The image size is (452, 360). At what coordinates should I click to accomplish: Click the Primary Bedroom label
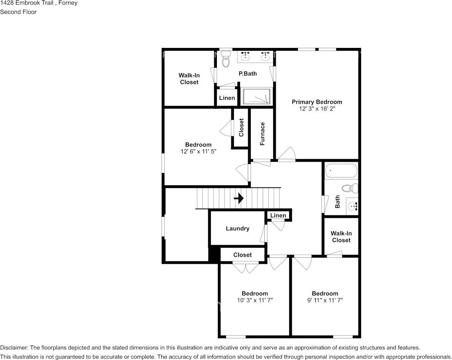317,102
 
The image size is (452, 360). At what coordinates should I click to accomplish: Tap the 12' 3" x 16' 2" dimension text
317,109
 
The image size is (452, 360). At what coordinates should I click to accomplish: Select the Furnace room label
262,134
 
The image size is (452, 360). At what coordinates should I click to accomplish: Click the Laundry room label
237,228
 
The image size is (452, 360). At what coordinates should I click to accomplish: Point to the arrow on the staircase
239,198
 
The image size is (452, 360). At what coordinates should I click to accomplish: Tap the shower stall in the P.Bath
257,96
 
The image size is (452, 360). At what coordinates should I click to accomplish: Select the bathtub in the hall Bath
341,171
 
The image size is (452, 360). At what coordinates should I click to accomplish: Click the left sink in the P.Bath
245,56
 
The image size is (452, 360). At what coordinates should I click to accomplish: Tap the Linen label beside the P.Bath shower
227,98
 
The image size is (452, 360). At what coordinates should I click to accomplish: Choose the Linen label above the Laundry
278,215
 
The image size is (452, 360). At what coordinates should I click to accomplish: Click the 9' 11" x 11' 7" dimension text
325,300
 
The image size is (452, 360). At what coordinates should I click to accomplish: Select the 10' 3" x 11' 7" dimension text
255,300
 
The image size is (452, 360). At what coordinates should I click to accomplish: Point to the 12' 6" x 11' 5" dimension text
198,151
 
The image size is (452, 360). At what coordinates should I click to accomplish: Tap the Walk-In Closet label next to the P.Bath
189,79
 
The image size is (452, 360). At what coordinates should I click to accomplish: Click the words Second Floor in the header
18,12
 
